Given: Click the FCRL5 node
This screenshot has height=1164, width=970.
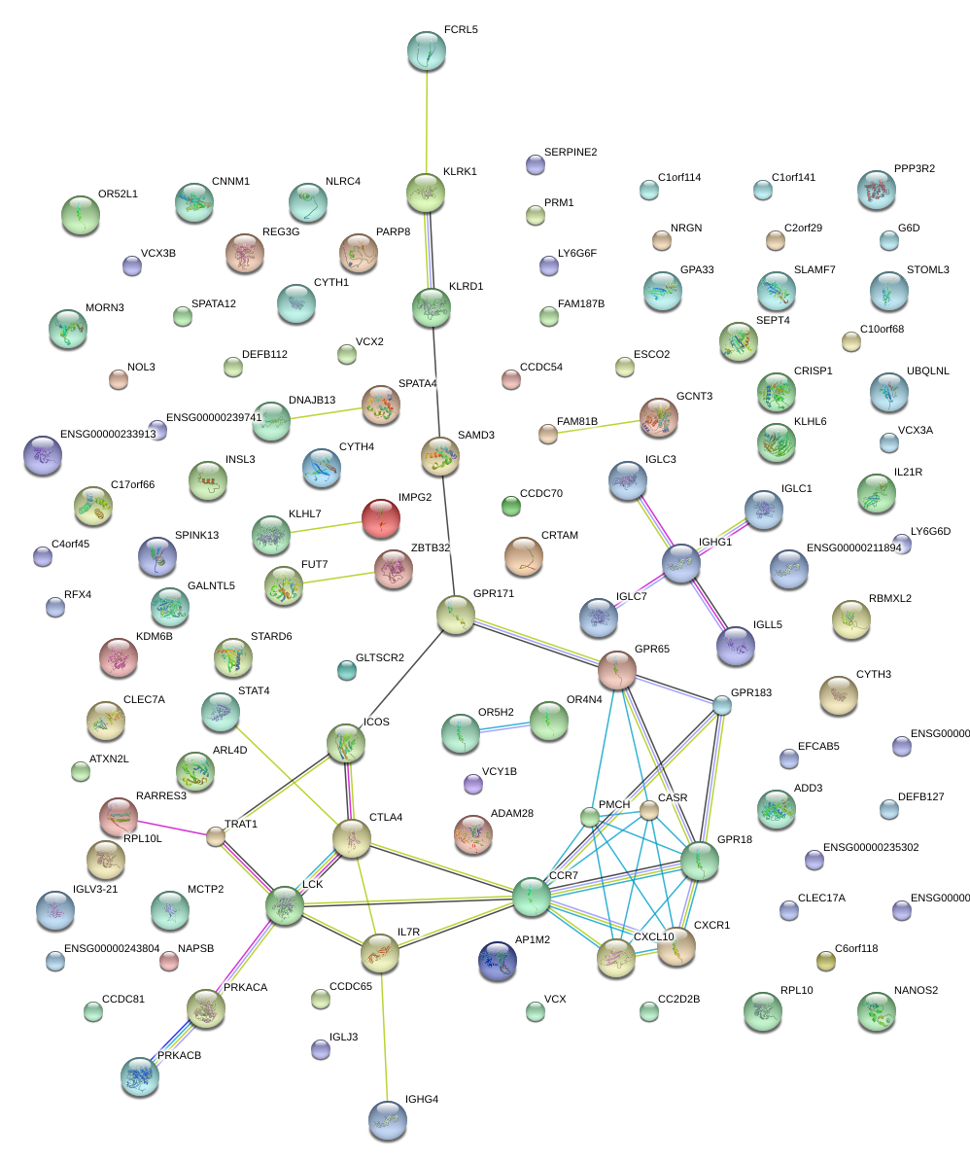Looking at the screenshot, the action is pyautogui.click(x=426, y=51).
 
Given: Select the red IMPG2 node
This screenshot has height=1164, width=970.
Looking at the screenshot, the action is pyautogui.click(x=380, y=518).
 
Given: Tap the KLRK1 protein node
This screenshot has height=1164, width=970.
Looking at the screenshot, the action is pyautogui.click(x=425, y=193).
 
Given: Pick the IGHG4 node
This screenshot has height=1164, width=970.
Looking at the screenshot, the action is pyautogui.click(x=388, y=1119).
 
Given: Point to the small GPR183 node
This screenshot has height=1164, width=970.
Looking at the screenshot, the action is pyautogui.click(x=721, y=705).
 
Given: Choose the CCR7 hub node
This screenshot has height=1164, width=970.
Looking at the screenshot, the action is pyautogui.click(x=532, y=897).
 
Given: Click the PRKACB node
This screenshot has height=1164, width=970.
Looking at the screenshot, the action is pyautogui.click(x=139, y=1076).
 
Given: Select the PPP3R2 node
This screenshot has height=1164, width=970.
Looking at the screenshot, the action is pyautogui.click(x=877, y=190).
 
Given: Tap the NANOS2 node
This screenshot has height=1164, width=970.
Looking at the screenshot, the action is pyautogui.click(x=877, y=1011).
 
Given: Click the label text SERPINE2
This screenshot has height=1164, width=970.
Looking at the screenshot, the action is pyautogui.click(x=571, y=153).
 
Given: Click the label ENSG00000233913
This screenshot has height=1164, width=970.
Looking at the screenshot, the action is pyautogui.click(x=108, y=435).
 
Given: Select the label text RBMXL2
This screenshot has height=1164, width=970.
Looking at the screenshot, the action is pyautogui.click(x=890, y=599).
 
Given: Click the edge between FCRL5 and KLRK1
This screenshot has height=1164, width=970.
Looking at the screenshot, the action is pyautogui.click(x=426, y=122).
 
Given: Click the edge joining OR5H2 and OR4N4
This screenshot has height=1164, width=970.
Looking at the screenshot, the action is pyautogui.click(x=505, y=727).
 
